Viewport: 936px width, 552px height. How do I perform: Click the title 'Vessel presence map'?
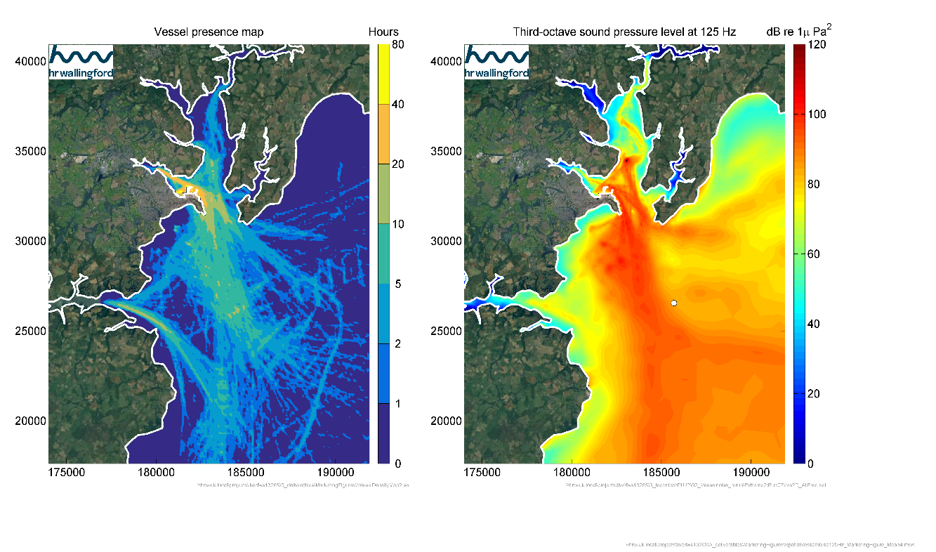tap(209, 32)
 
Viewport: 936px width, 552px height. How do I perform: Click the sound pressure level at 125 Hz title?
tap(624, 32)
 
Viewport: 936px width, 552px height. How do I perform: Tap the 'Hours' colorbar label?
tap(383, 32)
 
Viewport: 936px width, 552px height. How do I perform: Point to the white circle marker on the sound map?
tap(674, 303)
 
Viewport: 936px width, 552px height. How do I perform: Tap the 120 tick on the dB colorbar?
tap(819, 44)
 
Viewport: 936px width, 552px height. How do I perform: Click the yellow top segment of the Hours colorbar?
tap(383, 74)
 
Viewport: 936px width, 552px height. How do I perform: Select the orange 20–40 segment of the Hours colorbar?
tap(383, 133)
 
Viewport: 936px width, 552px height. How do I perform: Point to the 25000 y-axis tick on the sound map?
tap(444, 331)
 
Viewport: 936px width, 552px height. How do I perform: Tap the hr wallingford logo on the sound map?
tap(497, 62)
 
